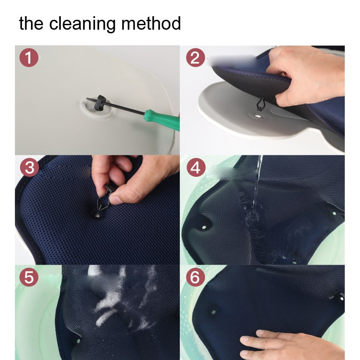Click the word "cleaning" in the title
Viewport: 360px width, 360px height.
click(82, 24)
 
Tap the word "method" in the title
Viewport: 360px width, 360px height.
click(151, 23)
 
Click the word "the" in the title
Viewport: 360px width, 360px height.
click(31, 23)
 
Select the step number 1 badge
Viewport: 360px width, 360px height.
click(29, 58)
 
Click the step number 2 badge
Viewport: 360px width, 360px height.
click(195, 58)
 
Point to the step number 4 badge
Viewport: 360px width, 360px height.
click(196, 167)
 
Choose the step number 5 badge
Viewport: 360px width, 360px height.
click(29, 277)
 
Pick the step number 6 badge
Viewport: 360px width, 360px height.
click(195, 277)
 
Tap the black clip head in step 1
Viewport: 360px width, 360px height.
click(100, 103)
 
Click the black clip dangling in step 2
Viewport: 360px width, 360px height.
click(261, 104)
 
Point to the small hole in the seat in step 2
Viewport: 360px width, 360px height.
click(258, 116)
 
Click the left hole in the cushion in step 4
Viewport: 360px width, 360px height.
click(204, 228)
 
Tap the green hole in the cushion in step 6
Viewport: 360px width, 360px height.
click(214, 312)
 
